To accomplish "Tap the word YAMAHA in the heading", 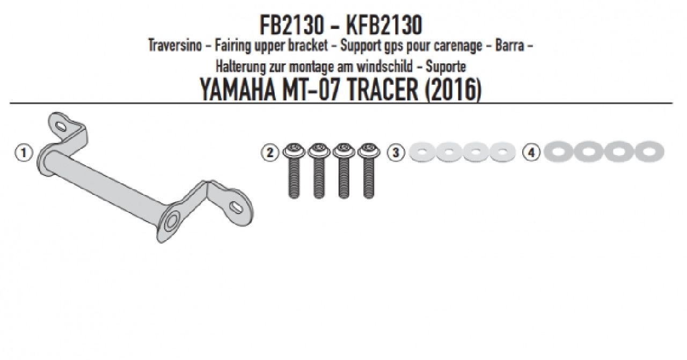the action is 238,90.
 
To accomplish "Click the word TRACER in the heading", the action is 383,90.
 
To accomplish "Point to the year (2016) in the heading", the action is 454,90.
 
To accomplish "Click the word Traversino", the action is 175,46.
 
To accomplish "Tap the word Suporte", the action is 445,67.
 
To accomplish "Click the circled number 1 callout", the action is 24,153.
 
